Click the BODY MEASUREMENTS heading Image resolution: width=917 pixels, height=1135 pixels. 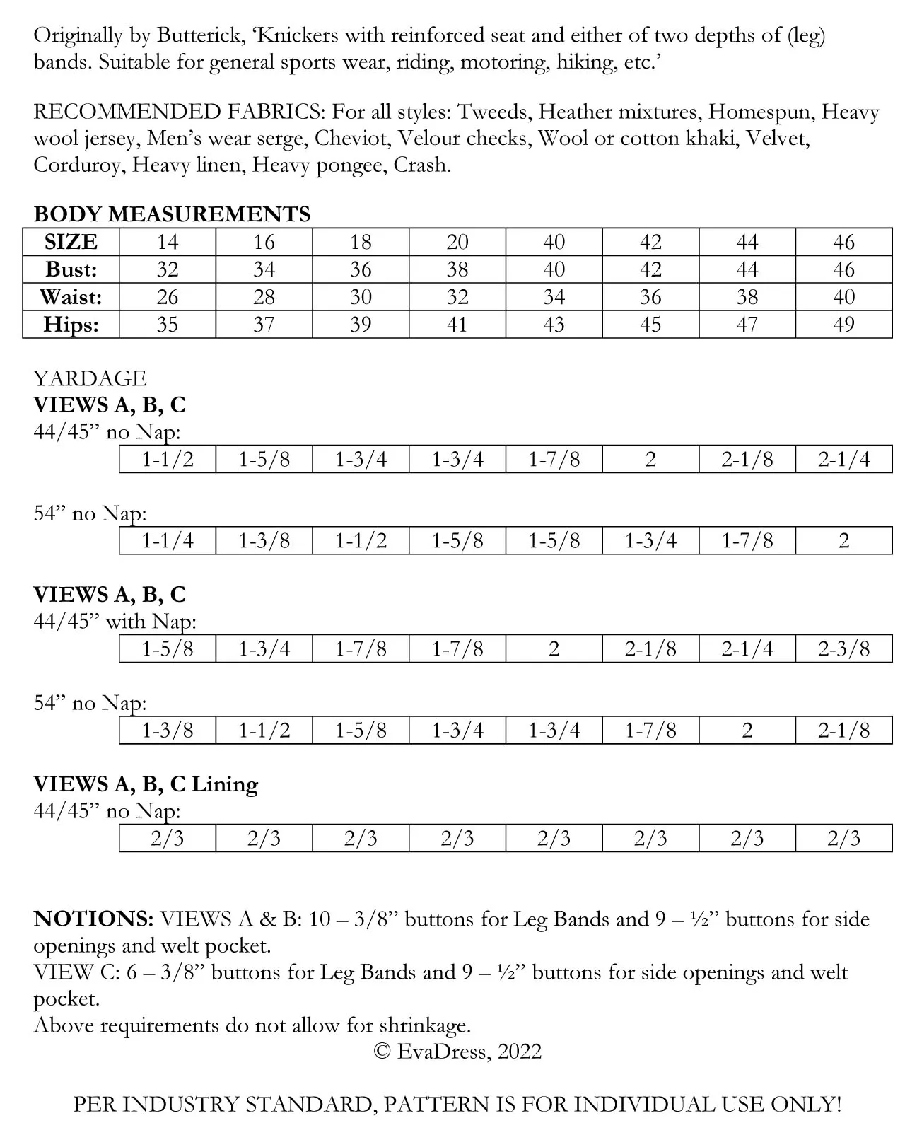click(172, 214)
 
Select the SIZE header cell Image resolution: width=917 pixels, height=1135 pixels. click(71, 242)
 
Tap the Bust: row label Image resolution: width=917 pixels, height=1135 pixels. click(71, 269)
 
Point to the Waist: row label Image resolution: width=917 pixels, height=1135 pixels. click(71, 297)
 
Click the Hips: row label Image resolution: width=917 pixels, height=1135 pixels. click(71, 325)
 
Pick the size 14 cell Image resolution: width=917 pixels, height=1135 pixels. click(168, 242)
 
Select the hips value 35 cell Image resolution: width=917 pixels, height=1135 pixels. click(168, 325)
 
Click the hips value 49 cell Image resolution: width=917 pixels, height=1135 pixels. click(843, 325)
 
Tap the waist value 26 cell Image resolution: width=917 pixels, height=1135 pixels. click(168, 297)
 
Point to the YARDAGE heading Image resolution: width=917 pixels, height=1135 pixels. click(90, 378)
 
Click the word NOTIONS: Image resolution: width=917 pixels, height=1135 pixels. click(93, 919)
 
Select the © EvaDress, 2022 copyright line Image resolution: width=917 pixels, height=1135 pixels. click(457, 1052)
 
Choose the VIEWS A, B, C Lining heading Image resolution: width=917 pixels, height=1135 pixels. click(146, 784)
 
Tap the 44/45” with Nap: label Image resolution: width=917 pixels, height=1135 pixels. click(115, 622)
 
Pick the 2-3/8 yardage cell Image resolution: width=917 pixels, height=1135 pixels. click(843, 649)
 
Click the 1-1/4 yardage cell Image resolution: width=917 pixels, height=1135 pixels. click(168, 541)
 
